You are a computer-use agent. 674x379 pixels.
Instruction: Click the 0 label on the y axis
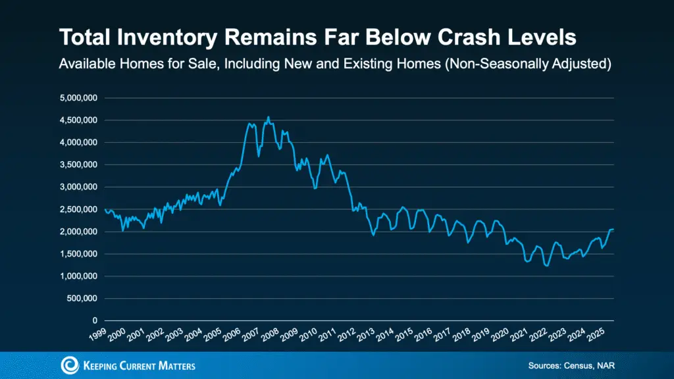pyautogui.click(x=95, y=321)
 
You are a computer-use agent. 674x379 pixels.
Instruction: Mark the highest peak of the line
pyautogui.click(x=268, y=117)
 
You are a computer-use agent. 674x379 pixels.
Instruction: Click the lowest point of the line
pyautogui.click(x=546, y=266)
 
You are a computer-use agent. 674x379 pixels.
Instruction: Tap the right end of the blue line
pyautogui.click(x=613, y=229)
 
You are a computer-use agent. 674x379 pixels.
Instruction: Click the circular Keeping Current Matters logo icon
pyautogui.click(x=68, y=365)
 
